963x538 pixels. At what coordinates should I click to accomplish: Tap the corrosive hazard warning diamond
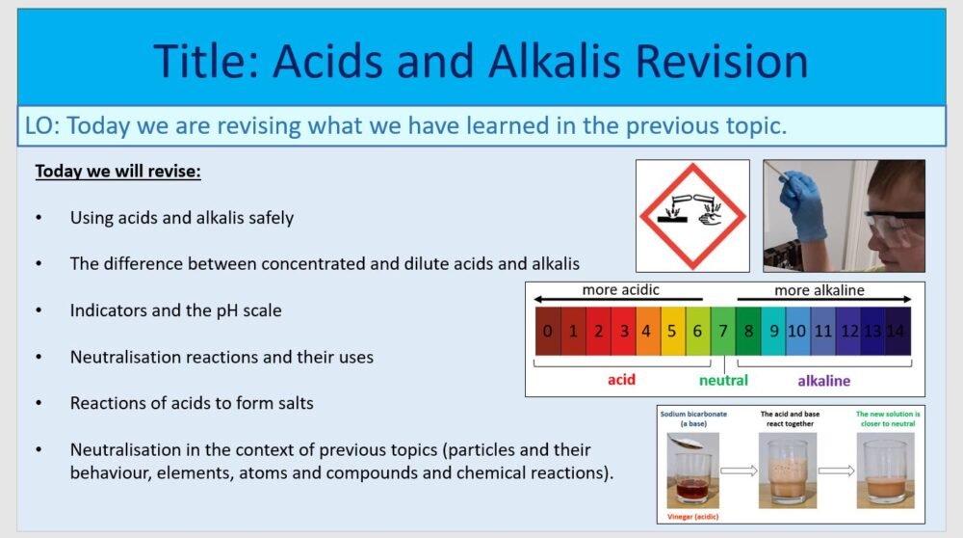pos(692,215)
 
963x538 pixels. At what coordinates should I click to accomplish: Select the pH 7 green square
pos(723,331)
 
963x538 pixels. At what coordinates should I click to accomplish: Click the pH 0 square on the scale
pos(547,331)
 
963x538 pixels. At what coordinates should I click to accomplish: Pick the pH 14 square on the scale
pos(898,331)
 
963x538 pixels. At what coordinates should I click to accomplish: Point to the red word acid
pos(621,380)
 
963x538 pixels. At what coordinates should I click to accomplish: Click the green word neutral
pos(723,381)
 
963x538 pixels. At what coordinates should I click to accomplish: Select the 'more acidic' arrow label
pos(621,290)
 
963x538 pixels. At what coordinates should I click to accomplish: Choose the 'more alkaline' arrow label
pos(820,290)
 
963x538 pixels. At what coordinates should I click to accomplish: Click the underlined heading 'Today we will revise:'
pos(117,172)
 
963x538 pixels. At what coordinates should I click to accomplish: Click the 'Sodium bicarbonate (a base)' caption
pos(692,417)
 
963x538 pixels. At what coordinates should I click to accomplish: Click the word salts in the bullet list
pos(292,403)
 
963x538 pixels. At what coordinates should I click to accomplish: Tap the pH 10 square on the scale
pos(797,331)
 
